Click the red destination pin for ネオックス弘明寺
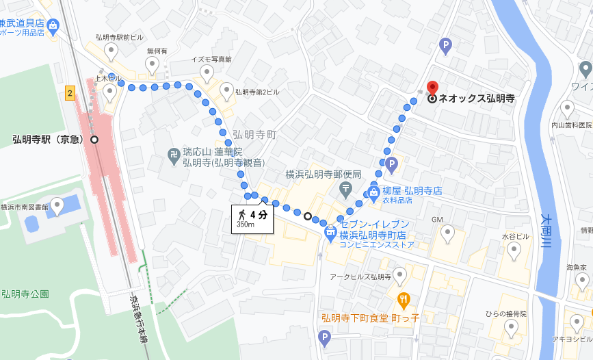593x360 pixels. coord(432,88)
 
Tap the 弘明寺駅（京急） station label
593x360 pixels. coord(48,140)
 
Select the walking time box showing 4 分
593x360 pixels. coord(252,218)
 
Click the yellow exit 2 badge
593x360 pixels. coord(70,93)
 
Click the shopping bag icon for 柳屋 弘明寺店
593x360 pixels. coord(374,192)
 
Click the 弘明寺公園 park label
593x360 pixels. coord(25,294)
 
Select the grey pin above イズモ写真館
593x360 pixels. coord(207,73)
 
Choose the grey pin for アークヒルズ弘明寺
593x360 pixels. coord(400,275)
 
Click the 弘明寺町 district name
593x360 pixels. coord(254,135)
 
